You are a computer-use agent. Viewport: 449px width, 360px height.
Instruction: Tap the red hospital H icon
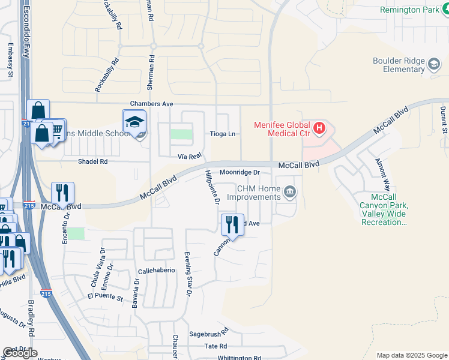[319, 127]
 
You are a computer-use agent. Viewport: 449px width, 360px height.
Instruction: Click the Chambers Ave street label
[151, 104]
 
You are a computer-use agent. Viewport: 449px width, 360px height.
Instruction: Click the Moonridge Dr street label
[239, 172]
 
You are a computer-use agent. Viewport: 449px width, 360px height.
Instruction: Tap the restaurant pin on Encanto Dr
[62, 193]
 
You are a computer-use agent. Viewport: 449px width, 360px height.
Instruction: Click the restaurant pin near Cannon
[232, 224]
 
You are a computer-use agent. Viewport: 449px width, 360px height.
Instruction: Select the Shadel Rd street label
[92, 161]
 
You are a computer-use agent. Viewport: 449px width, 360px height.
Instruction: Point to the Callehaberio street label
[156, 271]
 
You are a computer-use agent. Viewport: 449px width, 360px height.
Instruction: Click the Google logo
[20, 353]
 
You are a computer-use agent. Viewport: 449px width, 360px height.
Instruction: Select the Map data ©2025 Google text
[411, 355]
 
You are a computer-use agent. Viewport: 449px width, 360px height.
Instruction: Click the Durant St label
[443, 120]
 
